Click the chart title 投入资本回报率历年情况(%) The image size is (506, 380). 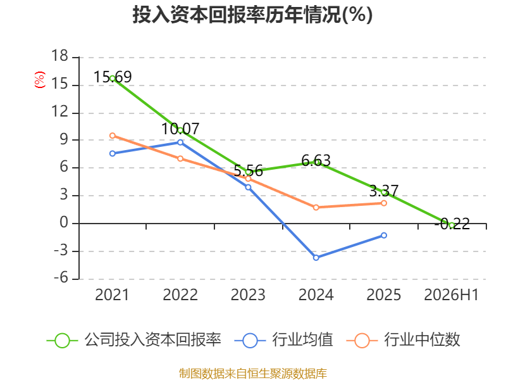click(x=252, y=15)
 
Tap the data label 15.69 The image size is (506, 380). click(x=113, y=77)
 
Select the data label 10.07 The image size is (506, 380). click(x=180, y=129)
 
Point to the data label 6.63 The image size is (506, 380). click(x=316, y=161)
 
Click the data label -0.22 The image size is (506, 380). click(x=452, y=224)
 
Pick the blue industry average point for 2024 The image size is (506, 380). click(x=316, y=258)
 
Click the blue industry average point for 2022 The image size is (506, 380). click(x=180, y=142)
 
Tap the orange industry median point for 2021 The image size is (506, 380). click(x=113, y=136)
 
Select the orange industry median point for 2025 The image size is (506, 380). click(x=384, y=203)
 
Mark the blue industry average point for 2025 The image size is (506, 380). click(x=384, y=236)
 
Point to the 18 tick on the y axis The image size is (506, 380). click(x=59, y=56)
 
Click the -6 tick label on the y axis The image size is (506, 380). click(x=61, y=277)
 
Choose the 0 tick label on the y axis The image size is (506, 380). click(x=64, y=222)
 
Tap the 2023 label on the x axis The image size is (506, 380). click(x=248, y=295)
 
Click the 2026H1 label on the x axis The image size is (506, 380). click(x=451, y=295)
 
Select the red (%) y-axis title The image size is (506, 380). click(x=40, y=80)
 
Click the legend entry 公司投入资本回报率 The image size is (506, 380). click(x=134, y=340)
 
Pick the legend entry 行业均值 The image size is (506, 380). click(x=283, y=340)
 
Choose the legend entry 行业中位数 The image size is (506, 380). click(x=404, y=340)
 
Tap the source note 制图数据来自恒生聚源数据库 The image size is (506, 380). click(x=253, y=374)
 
